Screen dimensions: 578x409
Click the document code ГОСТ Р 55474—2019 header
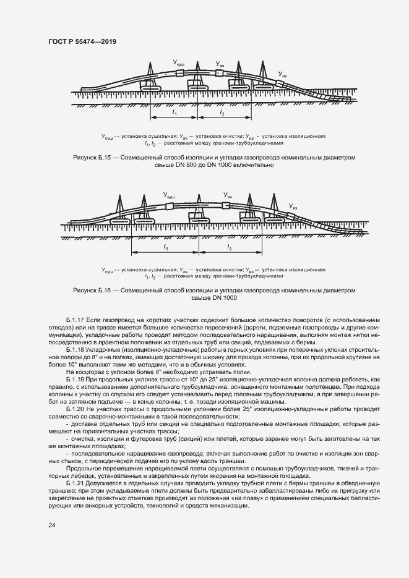pyautogui.click(x=82, y=41)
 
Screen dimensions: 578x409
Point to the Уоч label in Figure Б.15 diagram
pyautogui.click(x=220, y=64)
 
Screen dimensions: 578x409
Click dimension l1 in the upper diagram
pyautogui.click(x=174, y=114)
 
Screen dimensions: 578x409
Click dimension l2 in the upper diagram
pyautogui.click(x=222, y=114)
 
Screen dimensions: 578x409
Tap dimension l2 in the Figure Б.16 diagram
pyautogui.click(x=230, y=247)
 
